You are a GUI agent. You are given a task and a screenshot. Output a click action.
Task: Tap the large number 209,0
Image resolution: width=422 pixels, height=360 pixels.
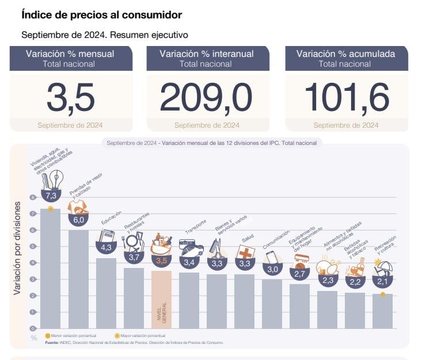pyautogui.click(x=206, y=98)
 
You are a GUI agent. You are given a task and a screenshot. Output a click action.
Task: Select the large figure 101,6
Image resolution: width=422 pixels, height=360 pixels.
pyautogui.click(x=346, y=98)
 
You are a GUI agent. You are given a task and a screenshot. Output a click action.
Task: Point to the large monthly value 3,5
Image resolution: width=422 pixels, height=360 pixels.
pyautogui.click(x=70, y=98)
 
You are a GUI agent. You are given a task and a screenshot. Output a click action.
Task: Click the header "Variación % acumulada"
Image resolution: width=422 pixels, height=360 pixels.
pyautogui.click(x=346, y=54)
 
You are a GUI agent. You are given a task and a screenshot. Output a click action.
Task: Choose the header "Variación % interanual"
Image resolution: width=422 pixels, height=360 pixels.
pyautogui.click(x=206, y=54)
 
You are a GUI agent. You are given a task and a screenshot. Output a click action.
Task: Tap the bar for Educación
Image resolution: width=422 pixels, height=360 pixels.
pyautogui.click(x=106, y=293)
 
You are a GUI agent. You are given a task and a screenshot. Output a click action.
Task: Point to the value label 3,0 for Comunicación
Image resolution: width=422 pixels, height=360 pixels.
pyautogui.click(x=272, y=269)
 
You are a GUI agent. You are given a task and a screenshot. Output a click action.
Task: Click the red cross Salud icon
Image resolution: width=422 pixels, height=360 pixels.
pyautogui.click(x=246, y=253)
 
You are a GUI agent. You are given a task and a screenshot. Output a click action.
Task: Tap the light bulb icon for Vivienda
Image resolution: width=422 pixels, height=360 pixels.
pyautogui.click(x=56, y=178)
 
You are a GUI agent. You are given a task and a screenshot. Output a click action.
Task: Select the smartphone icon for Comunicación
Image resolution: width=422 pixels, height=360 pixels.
pyautogui.click(x=272, y=258)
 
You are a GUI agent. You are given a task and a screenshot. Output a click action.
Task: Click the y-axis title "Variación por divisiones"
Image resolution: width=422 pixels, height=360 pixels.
pyautogui.click(x=18, y=248)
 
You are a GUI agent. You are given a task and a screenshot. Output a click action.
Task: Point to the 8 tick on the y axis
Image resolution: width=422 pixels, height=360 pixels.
pyautogui.click(x=33, y=197)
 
